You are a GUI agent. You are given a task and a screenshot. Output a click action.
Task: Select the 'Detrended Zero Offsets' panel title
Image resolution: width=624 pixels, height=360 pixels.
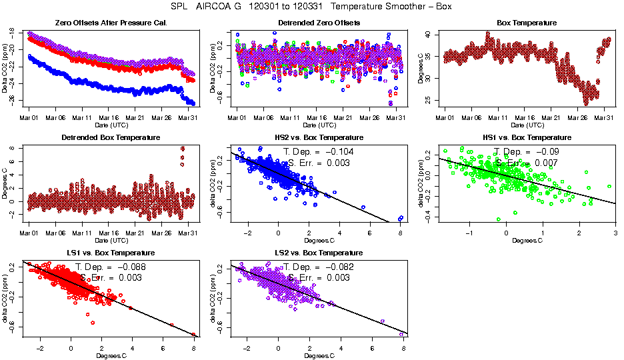(x=319, y=23)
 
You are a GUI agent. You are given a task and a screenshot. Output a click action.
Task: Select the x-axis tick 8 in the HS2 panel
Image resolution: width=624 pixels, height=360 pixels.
(x=400, y=233)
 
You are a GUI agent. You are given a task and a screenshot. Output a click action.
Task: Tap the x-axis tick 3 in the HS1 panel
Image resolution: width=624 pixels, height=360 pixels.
(x=615, y=233)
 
